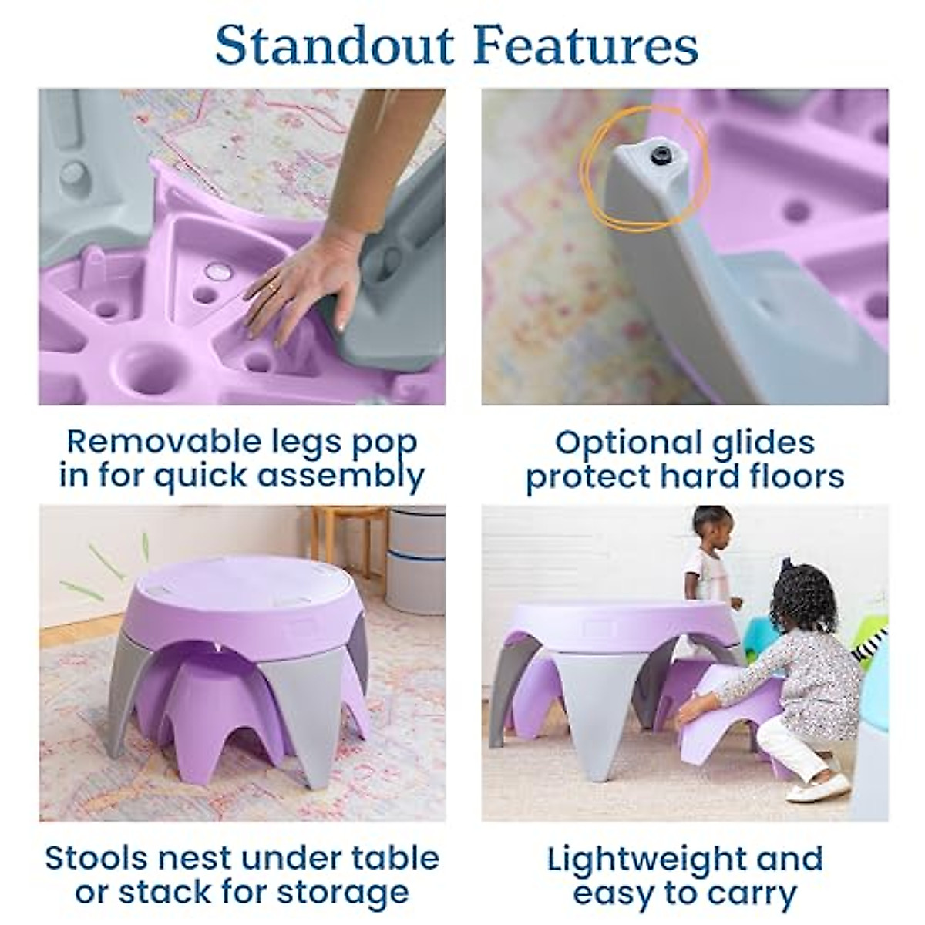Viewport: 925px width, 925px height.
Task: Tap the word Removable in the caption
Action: [x=153, y=442]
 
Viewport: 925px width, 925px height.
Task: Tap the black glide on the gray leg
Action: [x=661, y=156]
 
